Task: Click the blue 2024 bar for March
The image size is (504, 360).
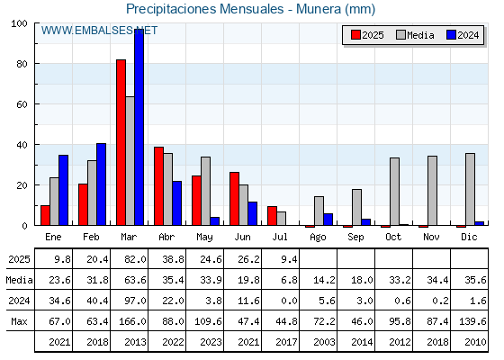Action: click(x=139, y=127)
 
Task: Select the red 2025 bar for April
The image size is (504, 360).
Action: click(x=158, y=186)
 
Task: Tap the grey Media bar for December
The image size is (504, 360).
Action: click(x=470, y=189)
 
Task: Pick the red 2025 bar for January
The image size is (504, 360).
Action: click(x=45, y=215)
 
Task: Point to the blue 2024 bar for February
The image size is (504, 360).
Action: click(x=101, y=184)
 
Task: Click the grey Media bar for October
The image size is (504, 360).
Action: click(x=395, y=192)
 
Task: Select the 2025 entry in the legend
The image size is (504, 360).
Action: click(x=367, y=35)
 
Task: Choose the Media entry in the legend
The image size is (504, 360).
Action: click(x=415, y=35)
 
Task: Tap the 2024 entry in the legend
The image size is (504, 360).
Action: click(x=463, y=35)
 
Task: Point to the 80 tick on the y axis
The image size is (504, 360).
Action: click(x=22, y=64)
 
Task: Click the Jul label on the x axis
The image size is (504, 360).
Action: click(x=280, y=237)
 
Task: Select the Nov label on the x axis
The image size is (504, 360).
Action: click(x=431, y=237)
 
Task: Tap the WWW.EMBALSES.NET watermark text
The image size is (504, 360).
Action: click(x=99, y=31)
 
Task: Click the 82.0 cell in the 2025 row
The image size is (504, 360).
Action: click(x=135, y=259)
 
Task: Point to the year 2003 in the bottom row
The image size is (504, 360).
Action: click(x=324, y=342)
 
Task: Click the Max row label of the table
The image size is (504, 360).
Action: click(x=19, y=321)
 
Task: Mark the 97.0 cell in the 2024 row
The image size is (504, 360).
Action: click(x=135, y=301)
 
